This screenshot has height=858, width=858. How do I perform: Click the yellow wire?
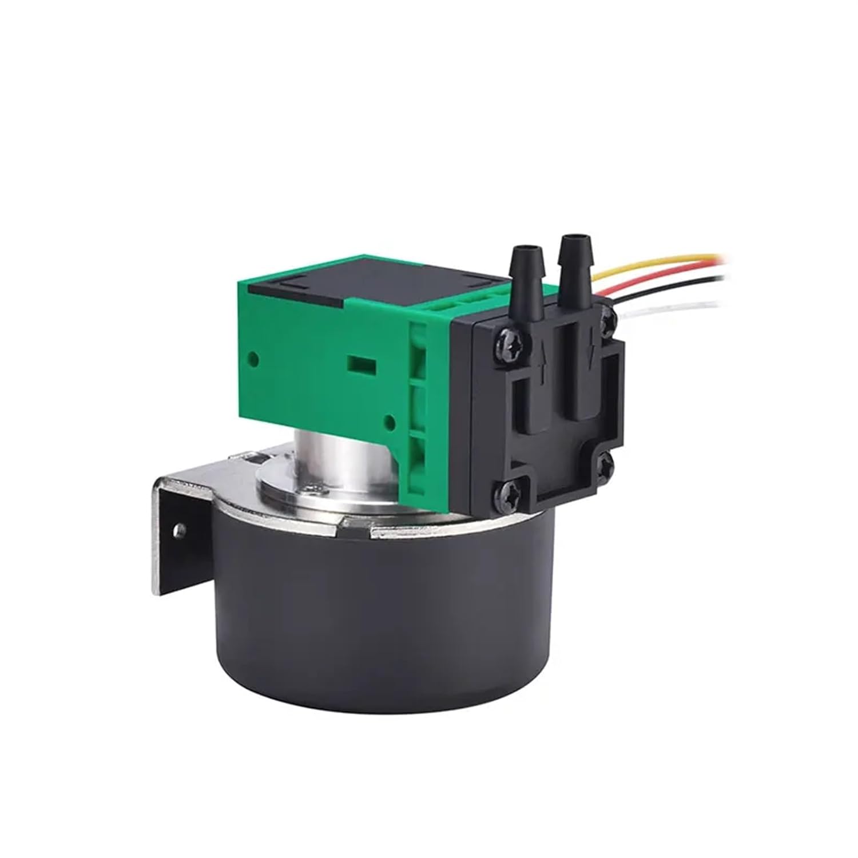[658, 263]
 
